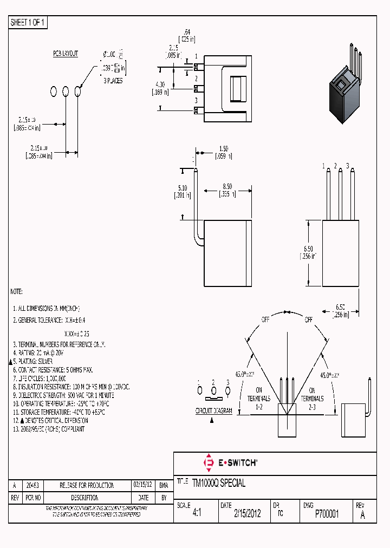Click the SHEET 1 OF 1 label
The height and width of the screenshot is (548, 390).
[x=29, y=23]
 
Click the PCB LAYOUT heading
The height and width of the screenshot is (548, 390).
[x=66, y=54]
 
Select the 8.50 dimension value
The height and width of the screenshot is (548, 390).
[x=227, y=186]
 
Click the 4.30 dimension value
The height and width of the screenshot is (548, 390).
[x=159, y=84]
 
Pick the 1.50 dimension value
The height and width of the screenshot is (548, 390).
[x=223, y=148]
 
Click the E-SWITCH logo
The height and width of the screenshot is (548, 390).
[x=230, y=463]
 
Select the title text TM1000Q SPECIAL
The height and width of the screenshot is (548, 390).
[x=218, y=483]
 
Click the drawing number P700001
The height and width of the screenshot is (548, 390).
[x=327, y=514]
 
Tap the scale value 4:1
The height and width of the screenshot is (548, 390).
[x=197, y=514]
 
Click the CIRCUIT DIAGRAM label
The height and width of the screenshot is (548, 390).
[x=213, y=411]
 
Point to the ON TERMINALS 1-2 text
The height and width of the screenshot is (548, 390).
[x=259, y=394]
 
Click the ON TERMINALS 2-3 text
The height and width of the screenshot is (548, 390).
[x=312, y=394]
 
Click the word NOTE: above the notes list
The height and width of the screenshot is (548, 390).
[x=17, y=291]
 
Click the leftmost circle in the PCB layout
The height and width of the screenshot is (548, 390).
[x=54, y=91]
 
